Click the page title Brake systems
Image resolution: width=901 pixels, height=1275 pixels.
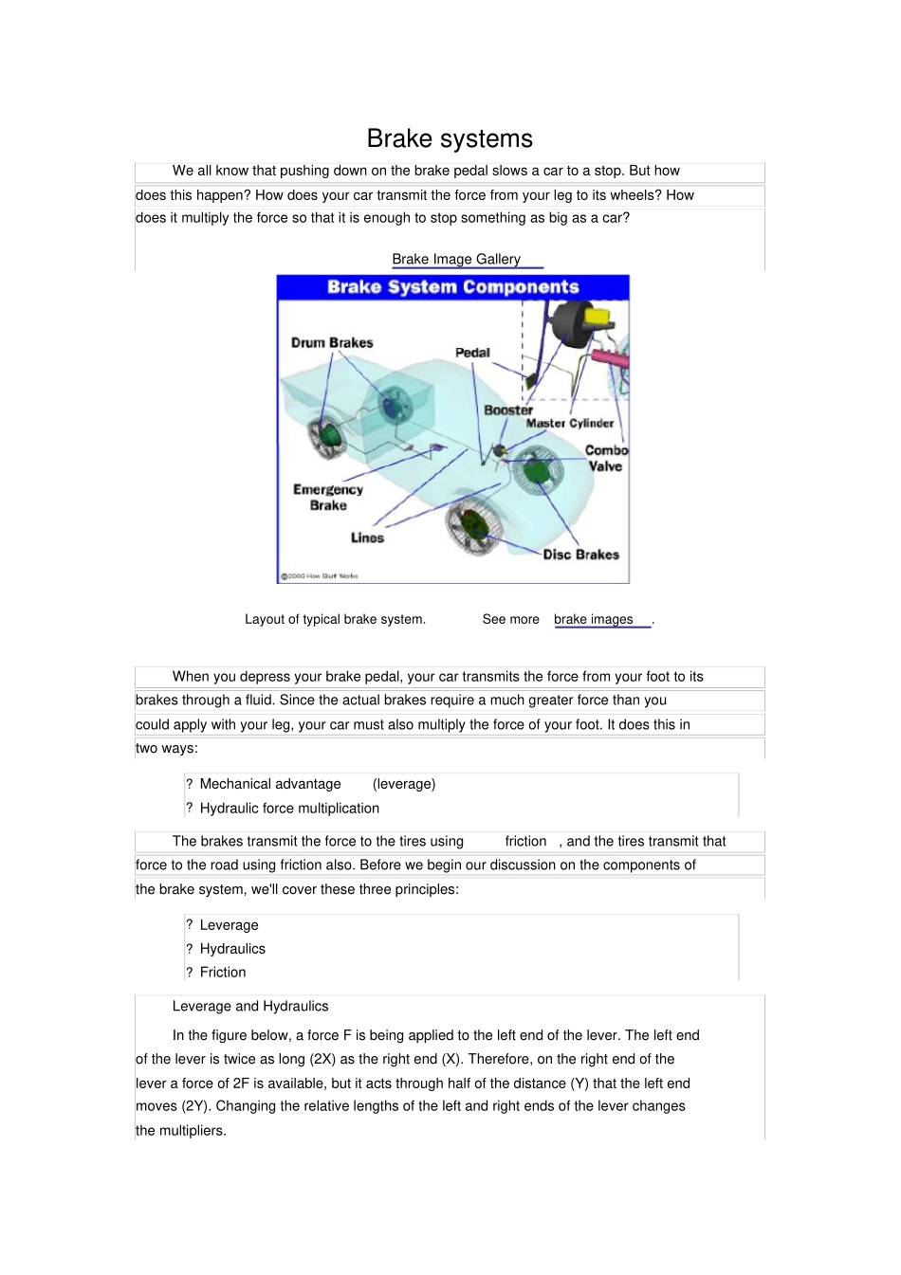coord(450,138)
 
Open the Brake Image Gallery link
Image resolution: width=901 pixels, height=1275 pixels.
coord(456,259)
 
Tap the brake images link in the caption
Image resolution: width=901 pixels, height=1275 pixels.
coord(593,619)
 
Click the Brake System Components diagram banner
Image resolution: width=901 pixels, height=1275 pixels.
coord(452,287)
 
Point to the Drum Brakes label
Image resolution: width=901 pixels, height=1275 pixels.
coord(332,342)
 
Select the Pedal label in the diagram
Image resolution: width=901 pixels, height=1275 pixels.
coord(472,353)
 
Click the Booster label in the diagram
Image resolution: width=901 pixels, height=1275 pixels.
coord(508,410)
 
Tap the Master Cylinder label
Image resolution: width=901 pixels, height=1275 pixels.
coord(570,424)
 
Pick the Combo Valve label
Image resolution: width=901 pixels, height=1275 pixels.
coord(605,458)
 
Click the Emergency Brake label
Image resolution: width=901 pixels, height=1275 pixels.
coord(328,498)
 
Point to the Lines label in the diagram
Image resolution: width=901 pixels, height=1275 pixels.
coord(367,537)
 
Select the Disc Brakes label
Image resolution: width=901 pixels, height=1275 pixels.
coord(580,555)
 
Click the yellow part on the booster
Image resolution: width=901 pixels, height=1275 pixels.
coord(599,316)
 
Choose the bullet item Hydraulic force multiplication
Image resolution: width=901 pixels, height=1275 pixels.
coord(289,808)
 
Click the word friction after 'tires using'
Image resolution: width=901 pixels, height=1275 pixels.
coord(525,841)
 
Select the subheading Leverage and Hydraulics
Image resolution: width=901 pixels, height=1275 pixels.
coord(250,1006)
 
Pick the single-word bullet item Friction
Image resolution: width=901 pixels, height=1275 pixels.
coord(223,972)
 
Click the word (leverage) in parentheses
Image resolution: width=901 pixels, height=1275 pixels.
coord(404,784)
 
